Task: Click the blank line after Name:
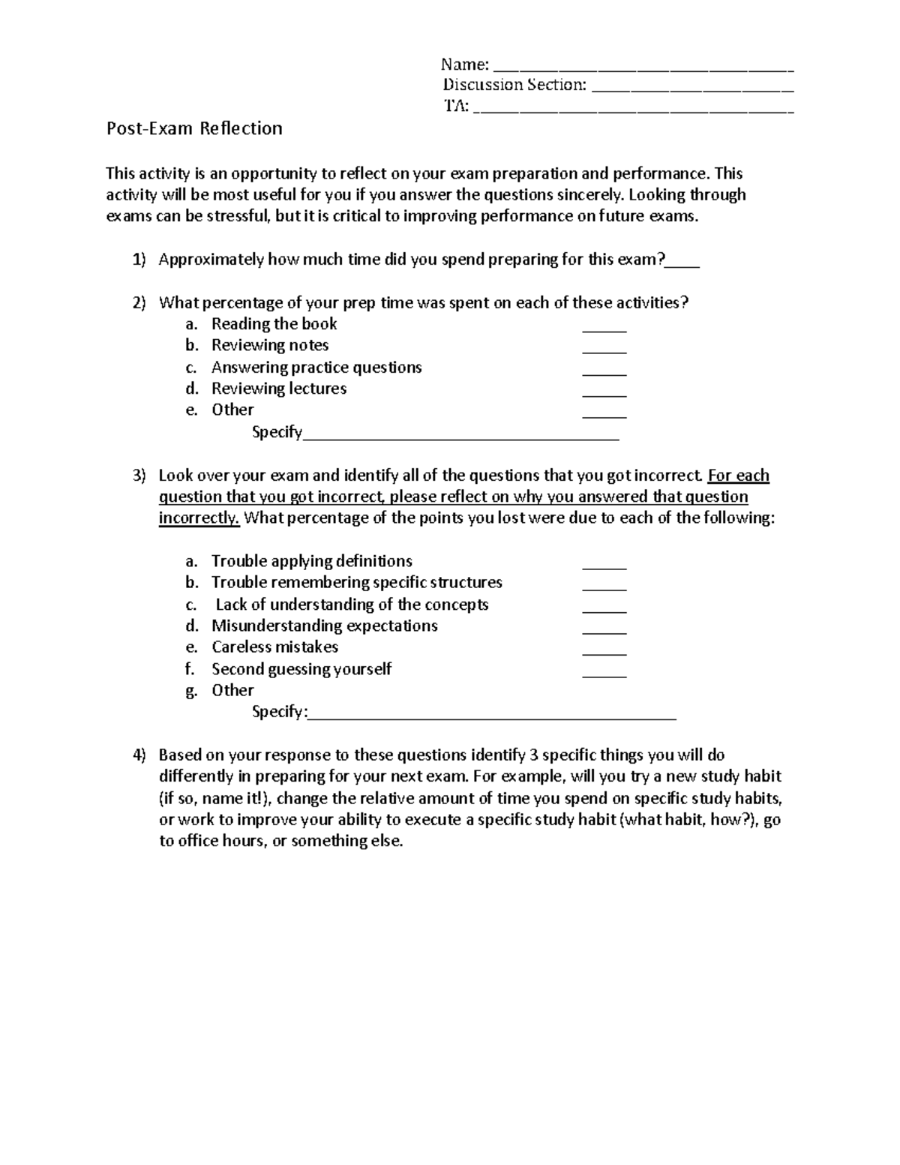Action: pyautogui.click(x=643, y=68)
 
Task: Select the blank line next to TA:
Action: pyautogui.click(x=634, y=111)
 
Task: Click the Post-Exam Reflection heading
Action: pyautogui.click(x=194, y=129)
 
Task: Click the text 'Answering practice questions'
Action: pyautogui.click(x=316, y=368)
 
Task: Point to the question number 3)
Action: pyautogui.click(x=139, y=476)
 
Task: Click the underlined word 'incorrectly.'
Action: pyautogui.click(x=199, y=518)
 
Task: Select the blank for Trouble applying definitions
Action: pyautogui.click(x=604, y=566)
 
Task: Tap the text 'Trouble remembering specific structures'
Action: pyautogui.click(x=356, y=583)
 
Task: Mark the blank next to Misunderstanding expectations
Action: pyautogui.click(x=604, y=631)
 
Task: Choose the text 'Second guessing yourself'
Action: pyautogui.click(x=301, y=669)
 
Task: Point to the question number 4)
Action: pyautogui.click(x=139, y=755)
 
